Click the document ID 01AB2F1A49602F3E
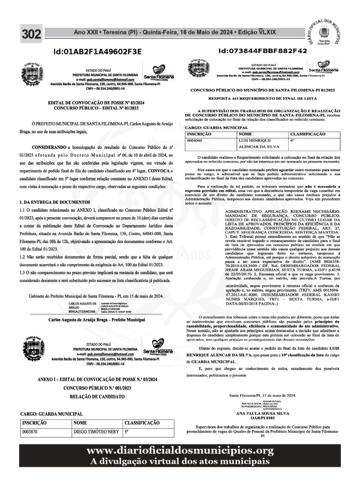pyautogui.click(x=97, y=51)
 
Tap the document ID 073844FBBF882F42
pyautogui.click(x=263, y=51)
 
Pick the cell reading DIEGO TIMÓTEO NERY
pyautogui.click(x=96, y=431)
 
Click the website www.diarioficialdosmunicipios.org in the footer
pyautogui.click(x=180, y=450)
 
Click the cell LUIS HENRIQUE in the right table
pyautogui.click(x=252, y=140)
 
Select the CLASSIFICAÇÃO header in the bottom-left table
pyautogui.click(x=141, y=423)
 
